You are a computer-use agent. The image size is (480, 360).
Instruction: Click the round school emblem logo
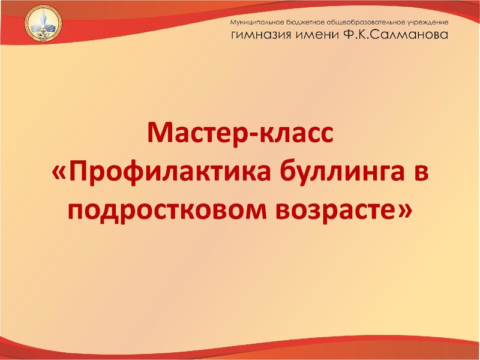point(41,28)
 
